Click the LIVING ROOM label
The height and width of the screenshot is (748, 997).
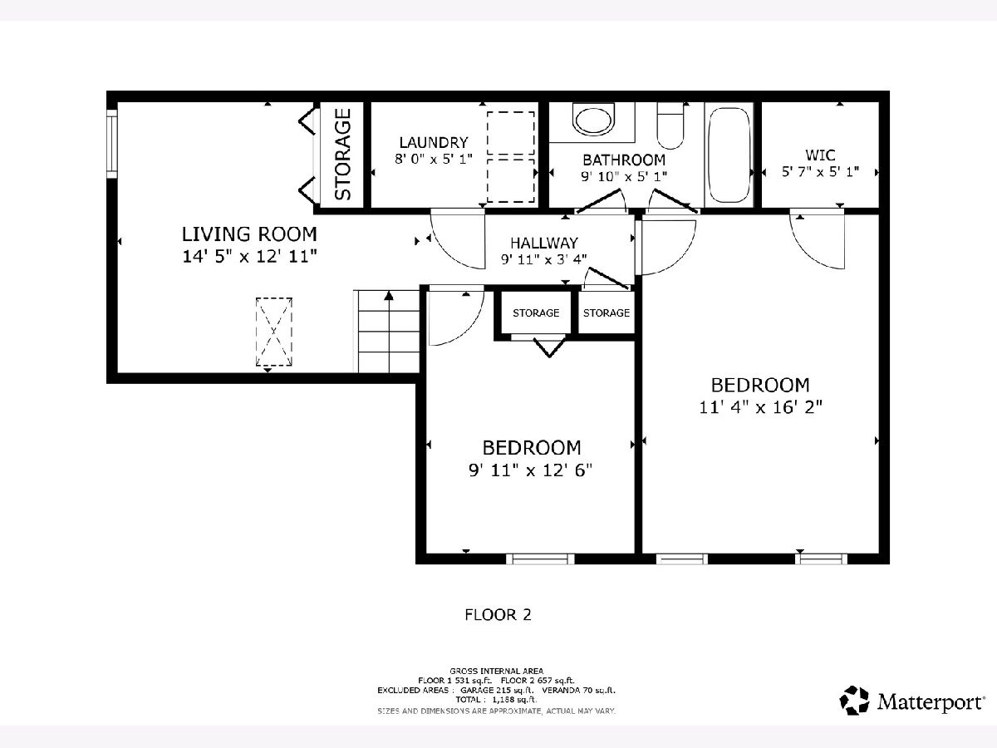(x=249, y=234)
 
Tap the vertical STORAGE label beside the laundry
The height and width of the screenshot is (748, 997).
(x=343, y=155)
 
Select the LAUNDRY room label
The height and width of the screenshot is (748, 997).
(x=434, y=143)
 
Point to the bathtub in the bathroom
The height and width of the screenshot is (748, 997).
(x=729, y=155)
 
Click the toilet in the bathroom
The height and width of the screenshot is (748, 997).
(x=670, y=125)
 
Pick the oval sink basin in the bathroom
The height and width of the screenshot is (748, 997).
(x=594, y=120)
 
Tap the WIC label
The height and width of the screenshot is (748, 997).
(x=820, y=155)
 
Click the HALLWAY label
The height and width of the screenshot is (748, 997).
(x=544, y=243)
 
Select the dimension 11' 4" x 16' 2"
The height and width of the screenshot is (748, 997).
(x=760, y=407)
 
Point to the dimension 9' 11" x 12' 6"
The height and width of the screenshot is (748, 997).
(x=531, y=470)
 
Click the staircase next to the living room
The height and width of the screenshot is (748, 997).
(x=386, y=332)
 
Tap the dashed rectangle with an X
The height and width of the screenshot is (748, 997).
(x=274, y=332)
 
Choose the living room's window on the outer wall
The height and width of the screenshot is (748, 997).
(x=111, y=144)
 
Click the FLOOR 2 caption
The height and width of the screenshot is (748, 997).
(x=498, y=615)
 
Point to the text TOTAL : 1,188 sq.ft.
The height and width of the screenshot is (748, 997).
(x=496, y=700)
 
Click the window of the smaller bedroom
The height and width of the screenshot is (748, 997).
(x=540, y=559)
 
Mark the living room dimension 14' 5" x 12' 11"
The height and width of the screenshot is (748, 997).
(x=249, y=257)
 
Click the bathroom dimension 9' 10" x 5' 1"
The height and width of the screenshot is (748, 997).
(x=624, y=176)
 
